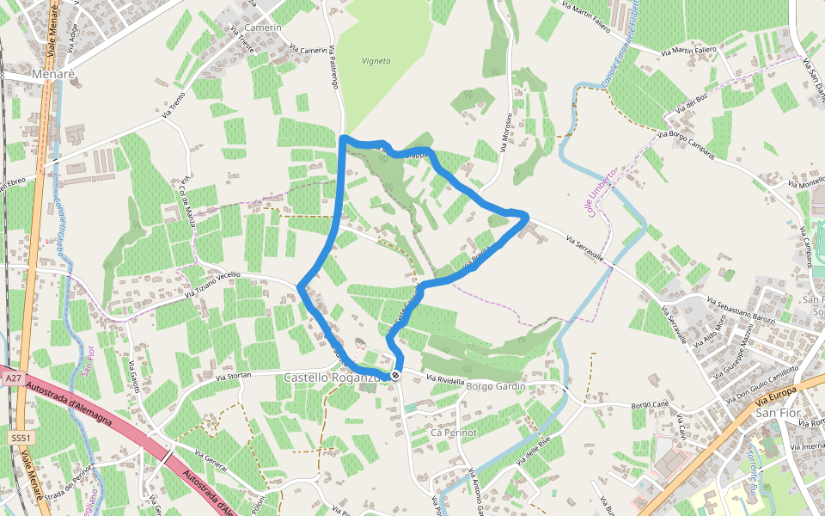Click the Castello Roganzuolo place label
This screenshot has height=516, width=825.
(332, 378)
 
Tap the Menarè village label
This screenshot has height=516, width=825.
(53, 75)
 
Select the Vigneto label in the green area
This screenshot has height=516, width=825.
(376, 61)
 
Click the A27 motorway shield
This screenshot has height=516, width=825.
(12, 378)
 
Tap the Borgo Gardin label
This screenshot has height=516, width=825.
(494, 387)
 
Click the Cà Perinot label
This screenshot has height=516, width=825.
(453, 432)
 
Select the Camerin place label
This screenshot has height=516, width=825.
(263, 28)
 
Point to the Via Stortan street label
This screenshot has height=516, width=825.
(233, 377)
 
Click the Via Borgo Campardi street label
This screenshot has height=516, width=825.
(687, 144)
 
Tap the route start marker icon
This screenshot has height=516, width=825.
(394, 376)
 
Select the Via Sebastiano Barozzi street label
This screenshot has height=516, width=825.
(741, 310)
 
